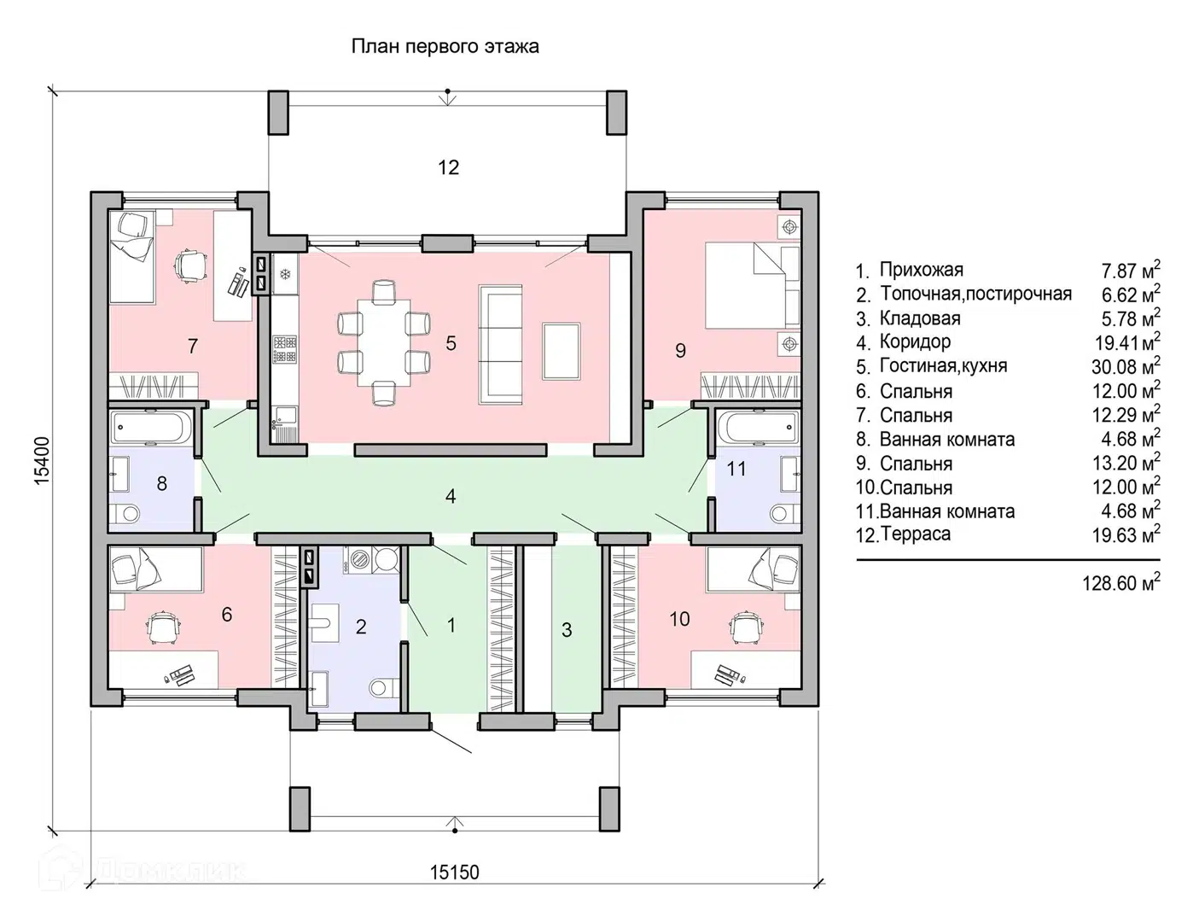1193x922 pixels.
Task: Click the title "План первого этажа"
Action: pos(445,46)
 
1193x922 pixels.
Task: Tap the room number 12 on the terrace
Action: pos(448,167)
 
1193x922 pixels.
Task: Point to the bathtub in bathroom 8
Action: pos(149,428)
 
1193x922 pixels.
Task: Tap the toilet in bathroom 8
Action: pos(127,515)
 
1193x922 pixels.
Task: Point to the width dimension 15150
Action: pos(454,872)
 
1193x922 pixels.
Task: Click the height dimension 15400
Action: pos(43,461)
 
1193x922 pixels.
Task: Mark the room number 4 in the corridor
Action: pos(450,496)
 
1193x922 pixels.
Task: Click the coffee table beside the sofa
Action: pos(561,351)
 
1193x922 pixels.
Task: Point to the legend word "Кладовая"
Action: pos(920,318)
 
